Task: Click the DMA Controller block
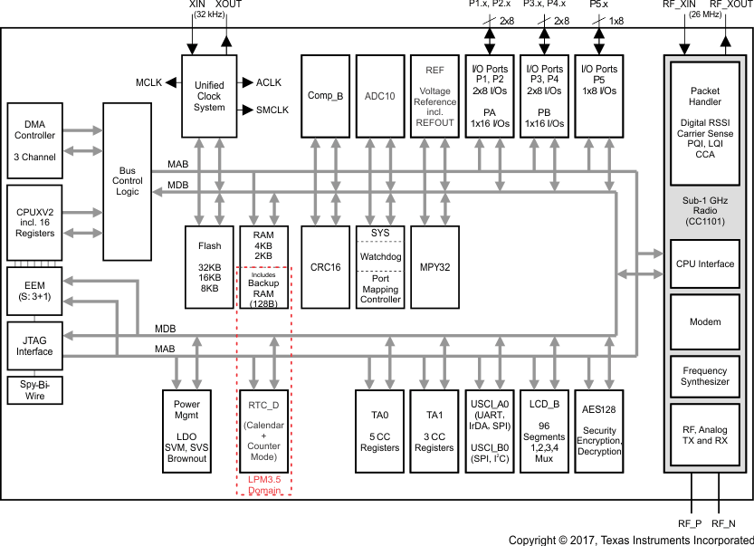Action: click(x=34, y=140)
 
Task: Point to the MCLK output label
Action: click(x=148, y=82)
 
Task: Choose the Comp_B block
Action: click(x=325, y=95)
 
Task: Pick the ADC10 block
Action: click(x=379, y=95)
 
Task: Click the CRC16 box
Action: click(x=325, y=267)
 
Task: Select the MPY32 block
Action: click(x=434, y=267)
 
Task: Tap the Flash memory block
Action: click(x=209, y=267)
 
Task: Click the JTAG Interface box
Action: click(x=34, y=345)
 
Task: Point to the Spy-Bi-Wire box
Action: click(x=34, y=390)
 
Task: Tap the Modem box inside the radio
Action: click(x=705, y=321)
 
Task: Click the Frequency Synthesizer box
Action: click(x=705, y=376)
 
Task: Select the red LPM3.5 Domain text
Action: click(x=263, y=484)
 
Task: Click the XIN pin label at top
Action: click(x=196, y=5)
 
